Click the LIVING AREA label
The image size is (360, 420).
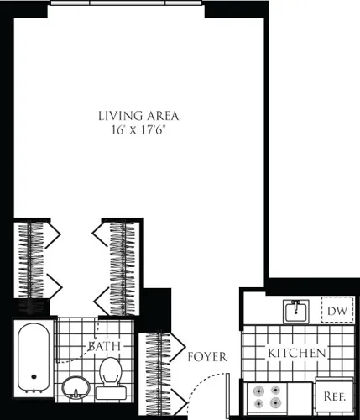tap(139, 115)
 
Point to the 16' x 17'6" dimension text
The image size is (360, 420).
tap(139, 132)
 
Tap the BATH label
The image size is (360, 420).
tap(106, 346)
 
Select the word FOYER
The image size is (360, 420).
tap(207, 357)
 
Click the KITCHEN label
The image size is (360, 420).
tap(297, 354)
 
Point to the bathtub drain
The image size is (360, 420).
tap(34, 378)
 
